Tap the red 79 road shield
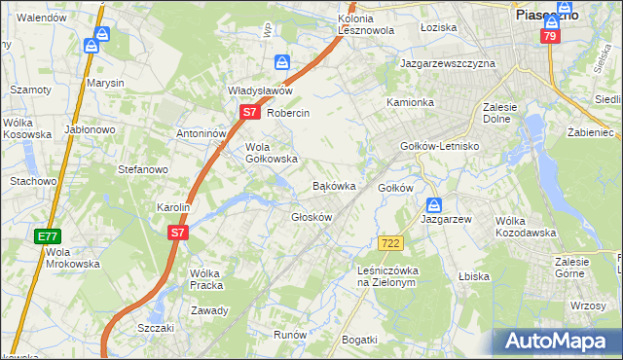tap(550, 37)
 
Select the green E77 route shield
tap(47, 236)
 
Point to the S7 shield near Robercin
tap(249, 112)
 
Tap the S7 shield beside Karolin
tap(176, 233)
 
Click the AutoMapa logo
tap(554, 342)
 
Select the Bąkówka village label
tap(333, 185)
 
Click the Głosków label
tap(312, 217)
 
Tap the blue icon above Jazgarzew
tap(434, 205)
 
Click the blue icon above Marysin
tap(92, 46)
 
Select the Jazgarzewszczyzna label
tap(448, 63)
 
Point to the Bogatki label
tap(359, 339)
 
